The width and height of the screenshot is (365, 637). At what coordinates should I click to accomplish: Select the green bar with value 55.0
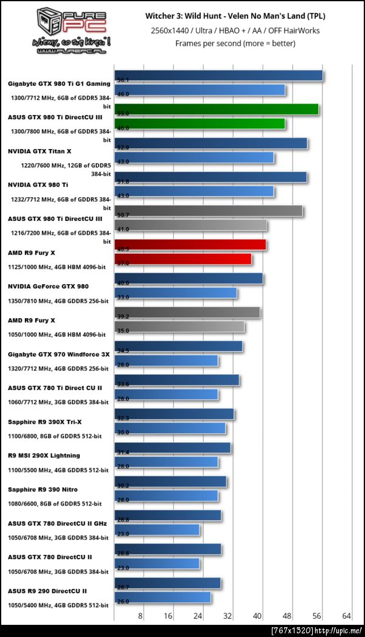(217, 110)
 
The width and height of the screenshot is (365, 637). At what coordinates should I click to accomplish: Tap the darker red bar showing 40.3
(190, 245)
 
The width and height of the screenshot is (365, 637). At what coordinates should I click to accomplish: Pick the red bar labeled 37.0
(183, 260)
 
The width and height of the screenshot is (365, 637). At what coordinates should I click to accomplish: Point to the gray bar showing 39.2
(187, 313)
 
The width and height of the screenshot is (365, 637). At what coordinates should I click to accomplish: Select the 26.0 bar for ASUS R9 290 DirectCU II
(163, 597)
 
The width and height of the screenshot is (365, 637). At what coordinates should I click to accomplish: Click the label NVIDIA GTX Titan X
(40, 150)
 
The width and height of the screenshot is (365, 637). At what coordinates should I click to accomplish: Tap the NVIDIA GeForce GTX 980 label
(48, 285)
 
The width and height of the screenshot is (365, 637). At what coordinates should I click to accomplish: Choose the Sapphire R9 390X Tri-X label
(46, 421)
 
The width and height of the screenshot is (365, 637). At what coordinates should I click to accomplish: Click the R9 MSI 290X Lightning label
(44, 455)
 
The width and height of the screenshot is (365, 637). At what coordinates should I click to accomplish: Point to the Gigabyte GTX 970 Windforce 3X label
(58, 353)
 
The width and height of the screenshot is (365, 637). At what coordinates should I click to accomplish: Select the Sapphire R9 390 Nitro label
(43, 489)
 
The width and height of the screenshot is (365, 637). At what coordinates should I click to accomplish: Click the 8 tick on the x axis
(141, 616)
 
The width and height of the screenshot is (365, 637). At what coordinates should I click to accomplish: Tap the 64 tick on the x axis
(347, 616)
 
